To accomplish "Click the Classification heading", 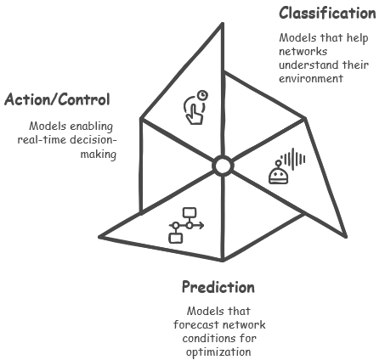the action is coord(327,13).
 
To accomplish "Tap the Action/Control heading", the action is coord(57,99).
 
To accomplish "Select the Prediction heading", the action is coord(218,287).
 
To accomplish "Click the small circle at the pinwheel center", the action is coord(223,166).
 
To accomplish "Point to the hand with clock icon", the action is coord(195,108).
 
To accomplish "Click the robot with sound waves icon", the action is coord(286,166).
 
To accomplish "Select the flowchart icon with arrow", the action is coord(186,226).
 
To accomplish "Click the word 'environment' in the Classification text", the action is coord(311,78).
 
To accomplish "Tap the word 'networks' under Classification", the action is coord(303,52).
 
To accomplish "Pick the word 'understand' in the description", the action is coord(309,65).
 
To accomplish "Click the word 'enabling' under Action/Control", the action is coord(91,127).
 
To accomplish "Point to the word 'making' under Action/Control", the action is coord(99,155).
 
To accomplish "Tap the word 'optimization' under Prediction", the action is coord(218,352).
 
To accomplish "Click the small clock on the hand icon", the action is coord(202,95).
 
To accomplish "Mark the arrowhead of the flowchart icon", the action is coord(201,226).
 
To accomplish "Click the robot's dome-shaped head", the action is coord(278,176).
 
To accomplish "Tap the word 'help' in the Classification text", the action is coord(358,38).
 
